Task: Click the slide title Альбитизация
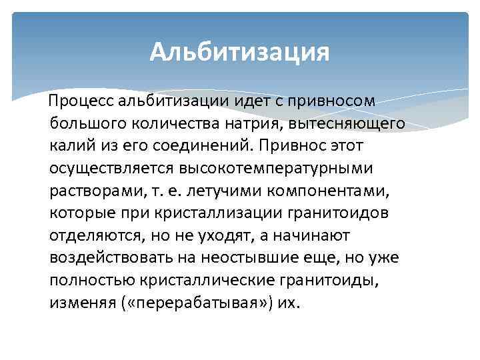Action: coord(240,51)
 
